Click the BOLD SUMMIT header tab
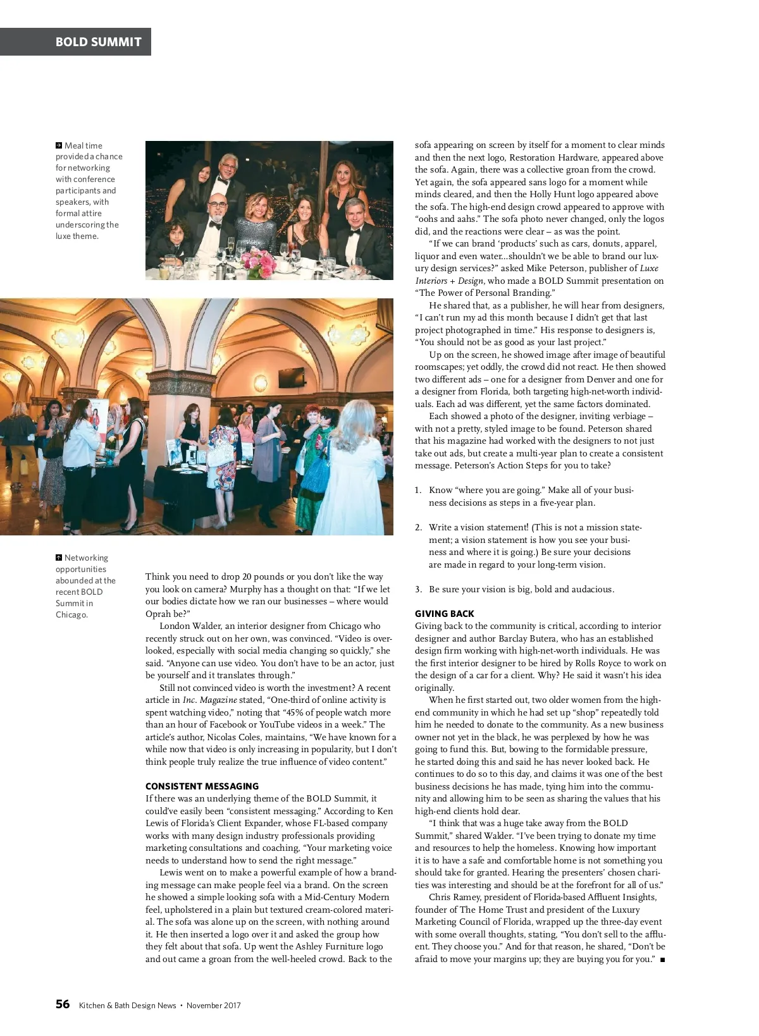(98, 42)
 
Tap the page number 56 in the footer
(63, 1004)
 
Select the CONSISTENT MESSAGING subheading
(202, 786)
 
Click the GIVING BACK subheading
(444, 614)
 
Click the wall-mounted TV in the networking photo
(291, 377)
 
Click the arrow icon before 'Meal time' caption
(59, 145)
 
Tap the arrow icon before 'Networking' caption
(59, 558)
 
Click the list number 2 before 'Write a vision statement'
(418, 527)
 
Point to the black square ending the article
(662, 960)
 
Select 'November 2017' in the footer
(213, 1005)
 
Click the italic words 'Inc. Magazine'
(210, 700)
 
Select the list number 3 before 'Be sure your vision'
(418, 589)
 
